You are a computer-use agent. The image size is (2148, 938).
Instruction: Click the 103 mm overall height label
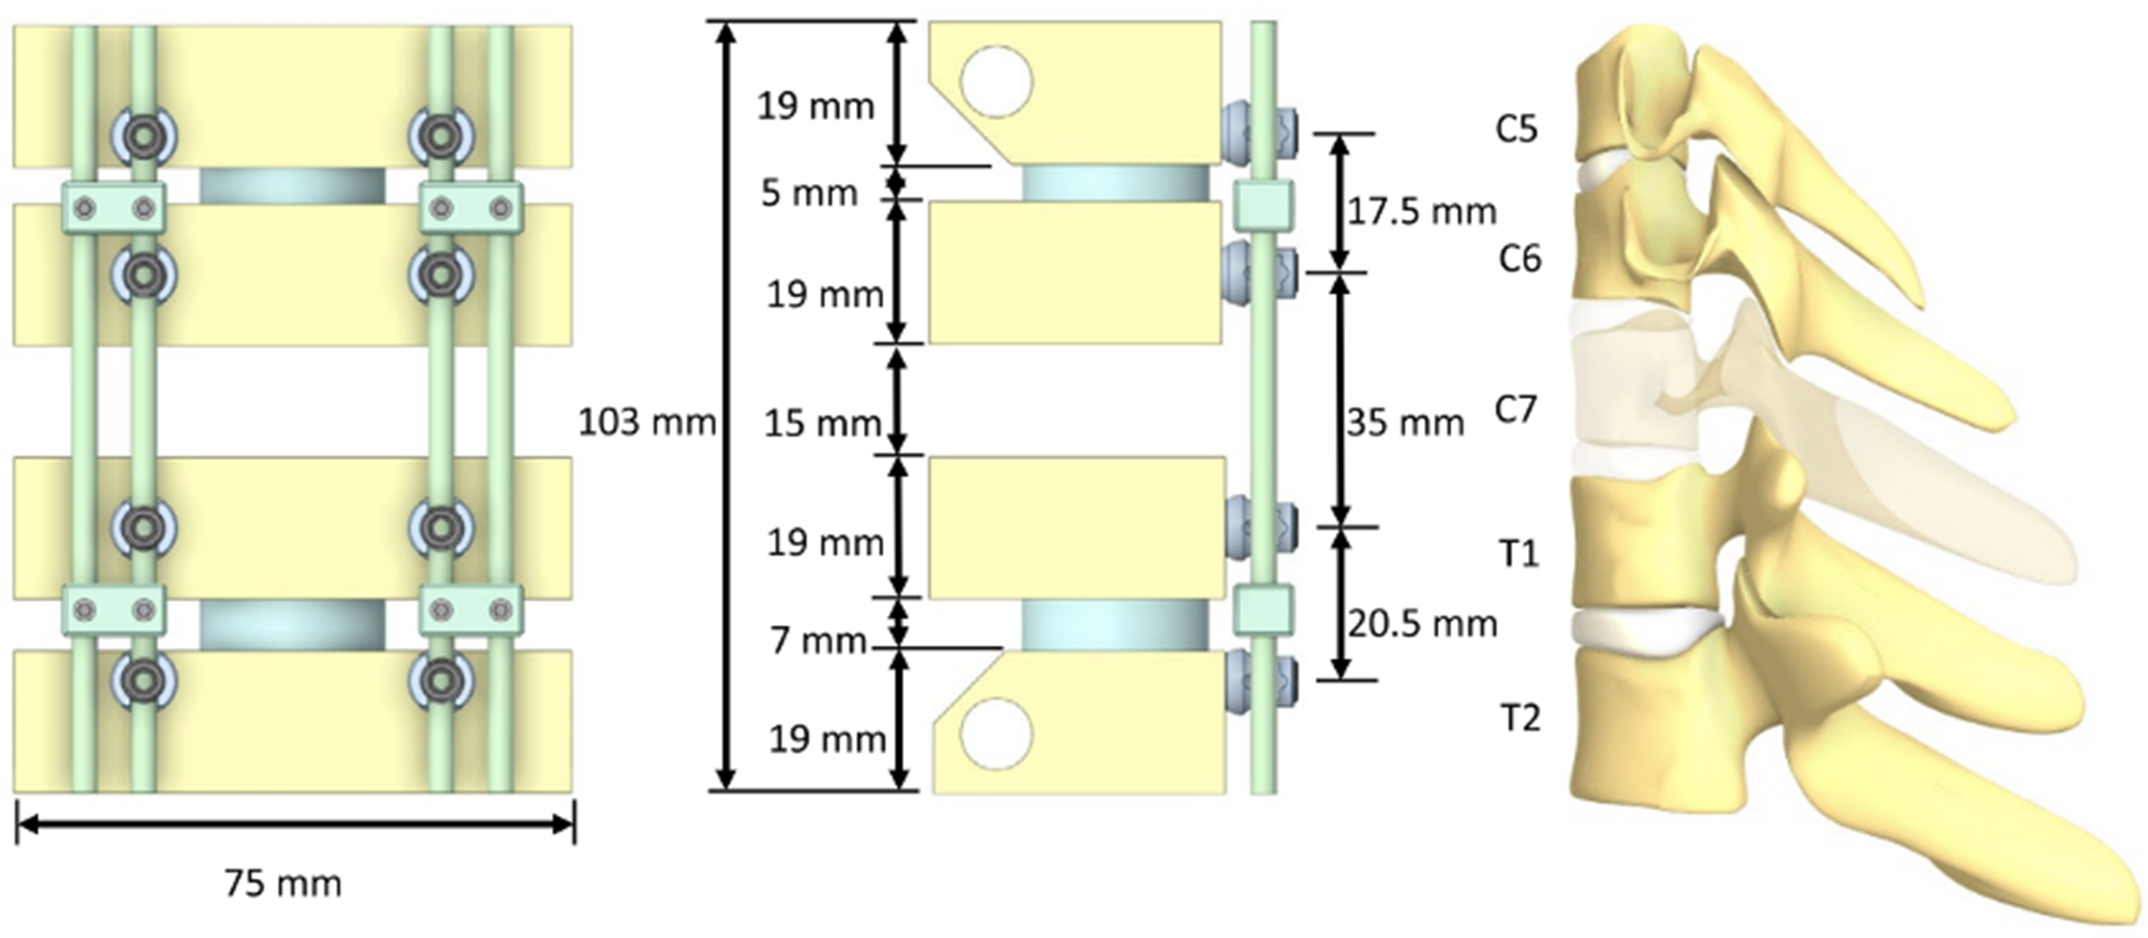[647, 422]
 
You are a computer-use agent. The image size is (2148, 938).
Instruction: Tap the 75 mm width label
[283, 884]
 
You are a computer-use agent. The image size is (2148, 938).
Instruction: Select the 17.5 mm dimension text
[1423, 212]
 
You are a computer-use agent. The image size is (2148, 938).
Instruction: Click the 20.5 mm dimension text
[1423, 623]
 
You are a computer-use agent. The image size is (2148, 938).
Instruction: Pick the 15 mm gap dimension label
[823, 424]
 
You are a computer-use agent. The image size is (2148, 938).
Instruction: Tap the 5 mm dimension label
[809, 194]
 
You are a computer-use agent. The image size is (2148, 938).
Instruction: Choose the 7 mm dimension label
[818, 641]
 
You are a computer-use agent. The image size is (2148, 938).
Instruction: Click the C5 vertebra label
[1516, 129]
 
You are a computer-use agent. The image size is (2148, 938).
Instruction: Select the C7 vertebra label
[1516, 409]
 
